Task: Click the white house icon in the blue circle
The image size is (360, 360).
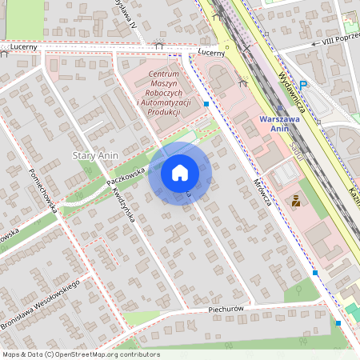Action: pyautogui.click(x=179, y=172)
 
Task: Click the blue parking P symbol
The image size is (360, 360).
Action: pyautogui.click(x=303, y=86)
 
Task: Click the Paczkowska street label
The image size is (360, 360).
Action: pyautogui.click(x=125, y=170)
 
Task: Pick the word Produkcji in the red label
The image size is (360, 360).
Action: pyautogui.click(x=162, y=112)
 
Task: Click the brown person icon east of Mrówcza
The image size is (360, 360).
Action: pyautogui.click(x=297, y=201)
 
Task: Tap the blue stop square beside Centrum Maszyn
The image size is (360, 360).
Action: pyautogui.click(x=207, y=104)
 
